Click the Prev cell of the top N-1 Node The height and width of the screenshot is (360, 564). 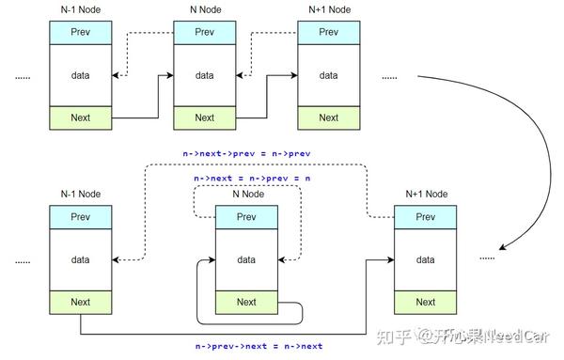pos(81,33)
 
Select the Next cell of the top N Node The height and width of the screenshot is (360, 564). pos(205,117)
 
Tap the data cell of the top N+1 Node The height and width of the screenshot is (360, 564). pos(328,75)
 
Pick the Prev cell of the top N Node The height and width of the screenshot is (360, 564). pos(205,33)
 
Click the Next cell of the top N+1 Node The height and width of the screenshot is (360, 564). pos(328,117)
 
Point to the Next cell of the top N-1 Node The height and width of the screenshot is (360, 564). pos(81,117)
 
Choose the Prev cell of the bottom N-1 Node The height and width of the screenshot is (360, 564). pos(81,217)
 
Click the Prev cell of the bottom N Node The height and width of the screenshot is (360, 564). pos(246,217)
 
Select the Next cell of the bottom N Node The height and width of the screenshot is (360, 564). pos(246,302)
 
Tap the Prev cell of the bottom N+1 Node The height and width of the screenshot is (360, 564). pos(426,217)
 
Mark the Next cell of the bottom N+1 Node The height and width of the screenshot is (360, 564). pos(426,302)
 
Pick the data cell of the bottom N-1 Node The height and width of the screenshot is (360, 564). pos(81,259)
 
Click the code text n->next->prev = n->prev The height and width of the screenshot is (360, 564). pos(246,153)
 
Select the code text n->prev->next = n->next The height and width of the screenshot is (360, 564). pos(259,346)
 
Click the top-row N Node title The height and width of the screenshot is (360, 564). pos(205,9)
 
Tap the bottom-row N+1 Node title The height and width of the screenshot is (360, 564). pos(426,195)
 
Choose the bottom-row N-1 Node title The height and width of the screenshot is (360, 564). pos(81,195)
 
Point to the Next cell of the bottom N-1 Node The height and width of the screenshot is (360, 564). pos(81,302)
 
